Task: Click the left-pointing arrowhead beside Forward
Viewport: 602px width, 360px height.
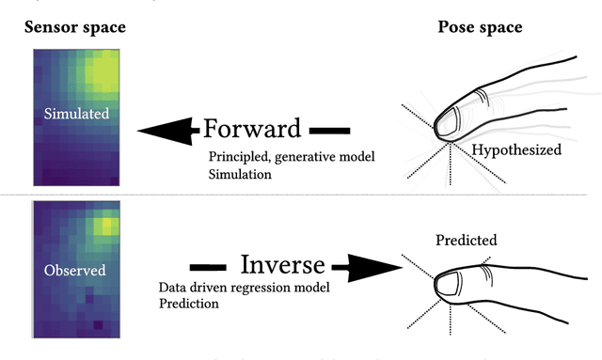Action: click(166, 130)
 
